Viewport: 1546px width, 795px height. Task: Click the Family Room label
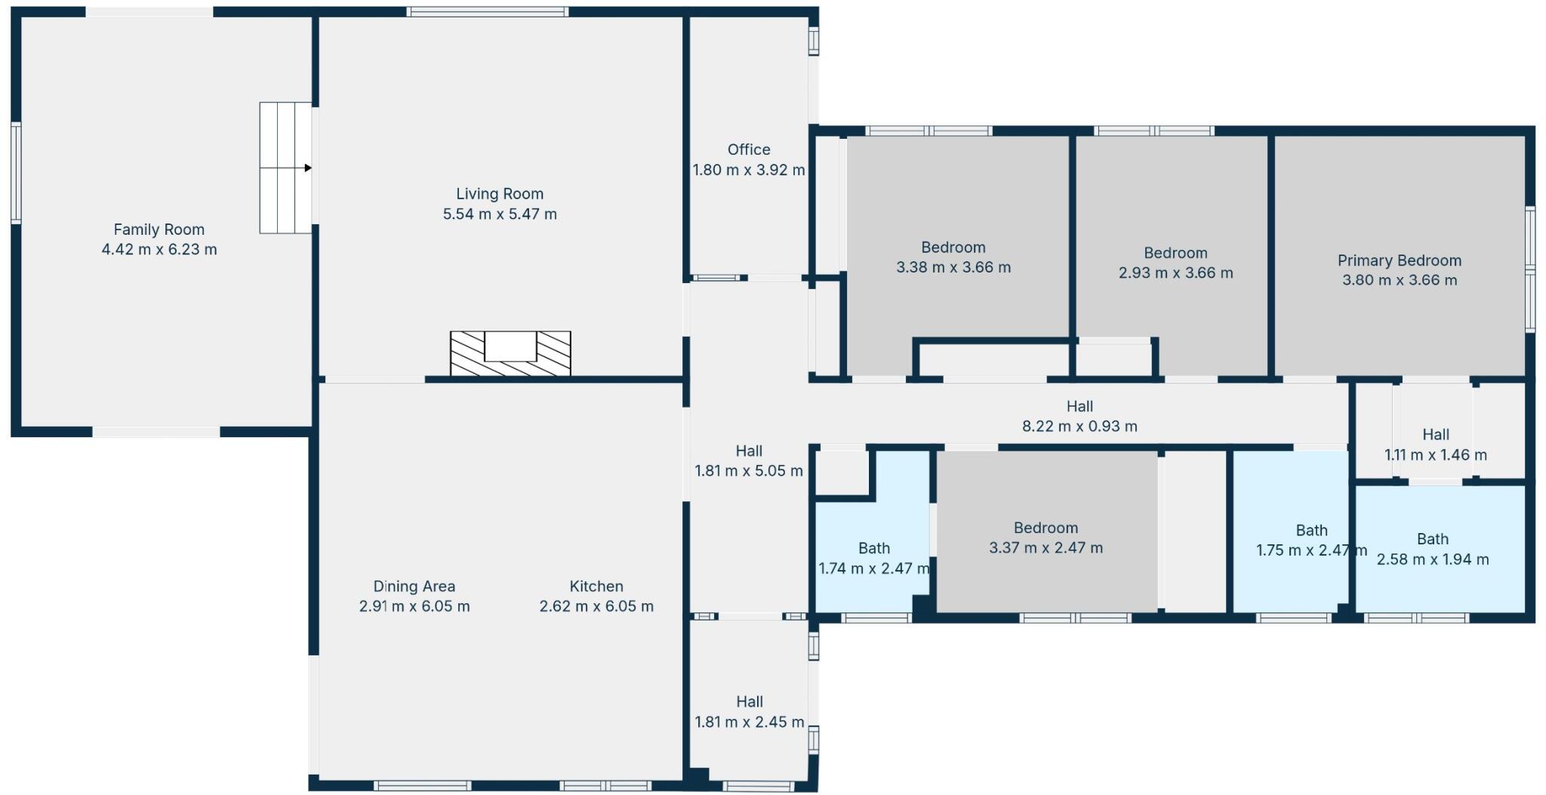pyautogui.click(x=159, y=230)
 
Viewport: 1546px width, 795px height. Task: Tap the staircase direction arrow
pyautogui.click(x=307, y=168)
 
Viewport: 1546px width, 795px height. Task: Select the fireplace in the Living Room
pyautogui.click(x=510, y=353)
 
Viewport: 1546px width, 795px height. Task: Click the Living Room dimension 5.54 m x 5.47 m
pyautogui.click(x=500, y=214)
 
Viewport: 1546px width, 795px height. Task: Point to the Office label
pyautogui.click(x=749, y=149)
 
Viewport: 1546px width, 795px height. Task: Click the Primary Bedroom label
pyautogui.click(x=1399, y=260)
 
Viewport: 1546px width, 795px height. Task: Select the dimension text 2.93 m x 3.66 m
pyautogui.click(x=1175, y=273)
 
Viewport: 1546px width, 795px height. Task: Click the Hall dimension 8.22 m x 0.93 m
pyautogui.click(x=1079, y=427)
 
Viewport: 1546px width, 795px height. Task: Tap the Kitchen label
pyautogui.click(x=596, y=587)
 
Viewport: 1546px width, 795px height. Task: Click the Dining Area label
pyautogui.click(x=414, y=587)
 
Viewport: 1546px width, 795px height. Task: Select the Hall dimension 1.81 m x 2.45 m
pyautogui.click(x=749, y=723)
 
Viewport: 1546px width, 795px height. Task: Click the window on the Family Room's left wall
pyautogui.click(x=16, y=174)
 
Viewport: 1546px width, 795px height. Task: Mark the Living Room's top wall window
pyautogui.click(x=487, y=11)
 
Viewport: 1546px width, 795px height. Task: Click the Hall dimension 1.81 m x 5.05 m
pyautogui.click(x=749, y=472)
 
